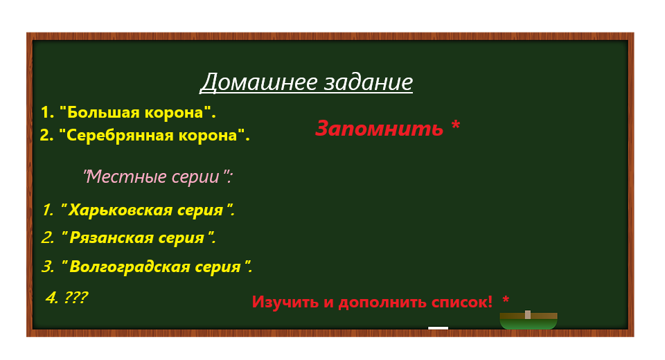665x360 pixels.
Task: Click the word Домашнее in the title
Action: (251, 82)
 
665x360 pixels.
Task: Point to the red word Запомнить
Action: (379, 128)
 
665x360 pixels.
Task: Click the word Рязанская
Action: (111, 237)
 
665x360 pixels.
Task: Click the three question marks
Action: (76, 298)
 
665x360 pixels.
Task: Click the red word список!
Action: (462, 302)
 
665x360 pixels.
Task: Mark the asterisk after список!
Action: (506, 300)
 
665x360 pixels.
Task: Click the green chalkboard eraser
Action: (529, 321)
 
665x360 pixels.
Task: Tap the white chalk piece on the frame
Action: (438, 328)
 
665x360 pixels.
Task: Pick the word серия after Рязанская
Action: (181, 237)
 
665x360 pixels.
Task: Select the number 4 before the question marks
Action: (51, 298)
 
